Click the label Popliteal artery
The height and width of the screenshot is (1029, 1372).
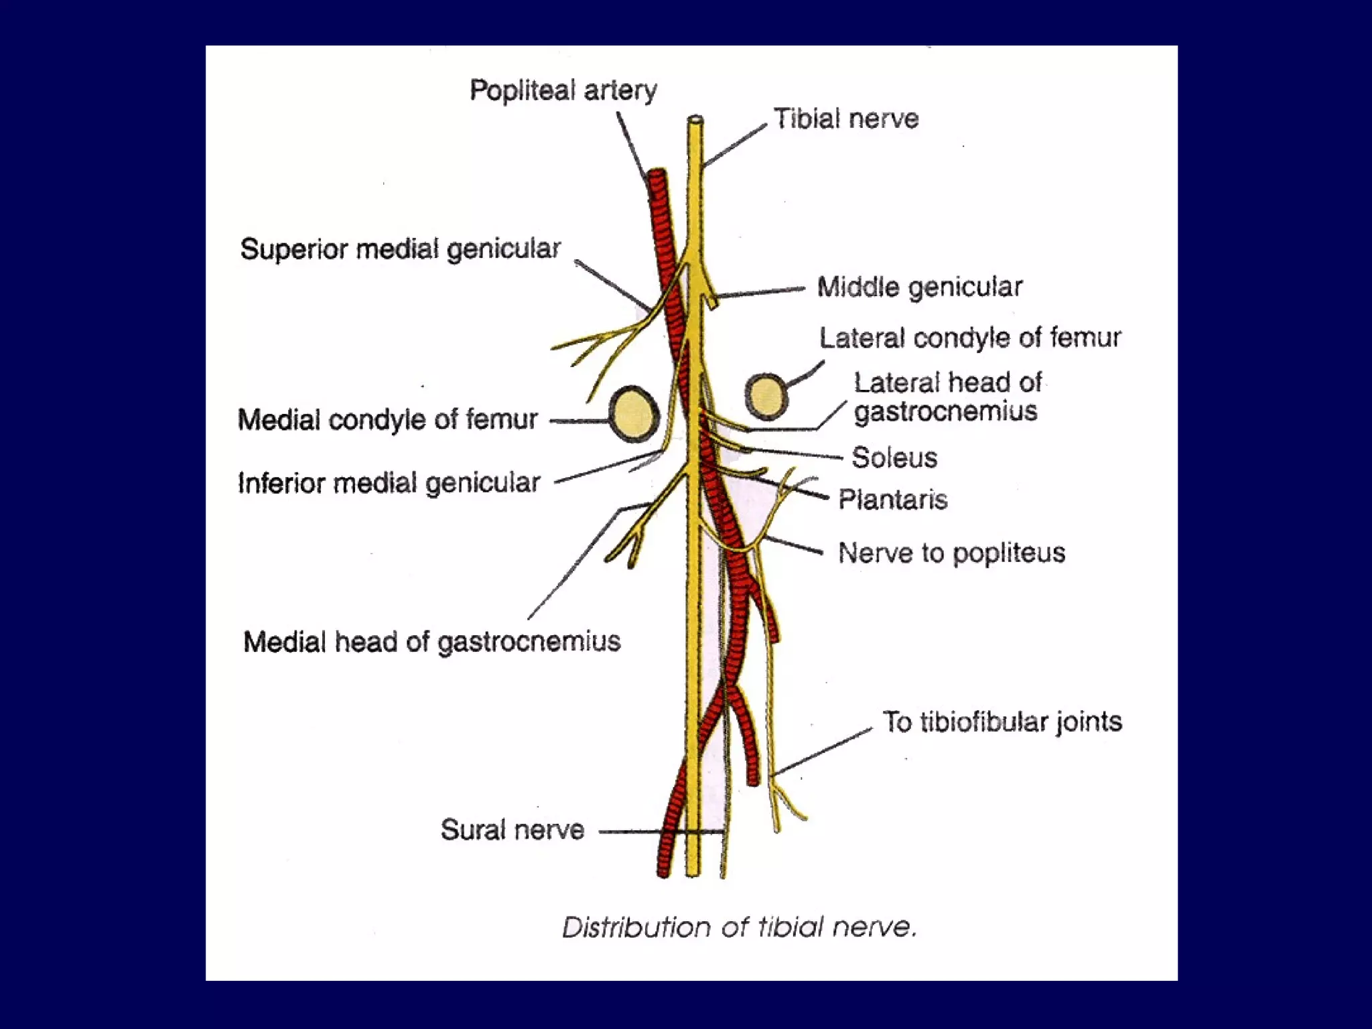tap(563, 90)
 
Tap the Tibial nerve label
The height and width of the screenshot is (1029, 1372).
tap(846, 119)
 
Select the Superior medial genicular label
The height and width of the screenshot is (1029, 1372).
tap(400, 249)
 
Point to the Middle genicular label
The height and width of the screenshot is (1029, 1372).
tap(919, 287)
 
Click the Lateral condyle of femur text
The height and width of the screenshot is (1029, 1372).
tap(969, 338)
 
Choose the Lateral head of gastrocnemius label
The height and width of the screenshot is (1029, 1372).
tap(947, 397)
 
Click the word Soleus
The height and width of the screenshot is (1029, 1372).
tap(894, 458)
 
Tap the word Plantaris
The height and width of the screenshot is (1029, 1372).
tap(893, 500)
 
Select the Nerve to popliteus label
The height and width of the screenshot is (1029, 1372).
tap(951, 553)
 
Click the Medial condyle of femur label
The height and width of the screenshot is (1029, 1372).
tap(387, 420)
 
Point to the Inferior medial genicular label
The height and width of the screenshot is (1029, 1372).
tap(389, 483)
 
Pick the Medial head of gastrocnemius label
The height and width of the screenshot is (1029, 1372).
tap(431, 642)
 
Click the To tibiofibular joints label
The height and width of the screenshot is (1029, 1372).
tap(1002, 722)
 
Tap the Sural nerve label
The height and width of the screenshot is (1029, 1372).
tap(512, 830)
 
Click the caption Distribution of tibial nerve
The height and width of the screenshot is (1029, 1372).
tap(738, 928)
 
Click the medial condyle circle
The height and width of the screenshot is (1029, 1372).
tap(634, 414)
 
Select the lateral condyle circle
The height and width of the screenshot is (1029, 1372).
tap(766, 396)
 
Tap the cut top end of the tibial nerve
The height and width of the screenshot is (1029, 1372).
tap(695, 121)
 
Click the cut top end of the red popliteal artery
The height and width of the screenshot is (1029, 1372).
tap(657, 176)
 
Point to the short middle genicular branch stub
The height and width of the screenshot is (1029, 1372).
tap(711, 299)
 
